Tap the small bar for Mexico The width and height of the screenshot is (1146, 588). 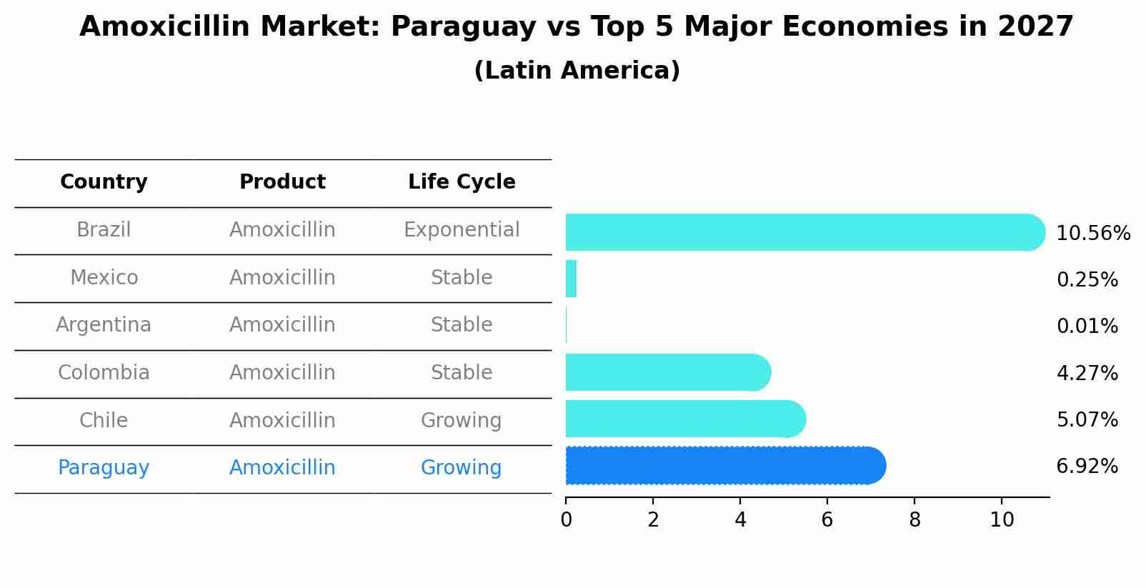click(x=571, y=279)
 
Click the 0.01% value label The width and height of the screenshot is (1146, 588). click(x=1087, y=327)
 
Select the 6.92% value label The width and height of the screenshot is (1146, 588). click(x=1087, y=467)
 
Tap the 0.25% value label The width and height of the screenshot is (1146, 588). click(x=1087, y=280)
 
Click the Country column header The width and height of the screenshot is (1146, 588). click(x=104, y=182)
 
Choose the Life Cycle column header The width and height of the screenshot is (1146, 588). click(x=462, y=182)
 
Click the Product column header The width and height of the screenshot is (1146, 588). click(x=282, y=182)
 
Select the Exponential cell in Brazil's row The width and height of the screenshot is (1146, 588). click(x=462, y=230)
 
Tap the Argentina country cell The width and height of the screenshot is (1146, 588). click(x=104, y=325)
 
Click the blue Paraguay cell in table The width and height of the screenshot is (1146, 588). click(x=104, y=468)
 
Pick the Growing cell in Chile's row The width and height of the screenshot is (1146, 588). click(x=462, y=420)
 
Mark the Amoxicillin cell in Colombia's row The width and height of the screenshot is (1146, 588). click(x=282, y=373)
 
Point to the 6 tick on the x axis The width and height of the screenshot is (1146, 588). click(x=827, y=520)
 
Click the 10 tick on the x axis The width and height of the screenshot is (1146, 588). click(x=1002, y=520)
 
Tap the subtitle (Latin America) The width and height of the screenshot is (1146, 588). click(x=577, y=71)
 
